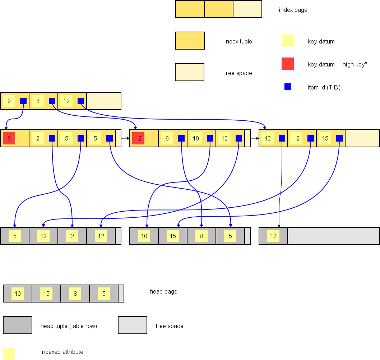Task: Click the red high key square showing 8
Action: pos(9,138)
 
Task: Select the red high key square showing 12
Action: pos(138,138)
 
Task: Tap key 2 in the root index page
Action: pos(9,101)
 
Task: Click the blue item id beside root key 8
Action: pos(52,101)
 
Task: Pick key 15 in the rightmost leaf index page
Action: pos(325,138)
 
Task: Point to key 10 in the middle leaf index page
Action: pos(196,138)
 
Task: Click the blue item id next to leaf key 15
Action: pos(339,138)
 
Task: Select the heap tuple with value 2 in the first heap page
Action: pos(72,236)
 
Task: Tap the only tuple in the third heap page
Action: pos(273,236)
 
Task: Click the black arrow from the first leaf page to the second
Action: pos(125,138)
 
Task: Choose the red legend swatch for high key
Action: pos(288,64)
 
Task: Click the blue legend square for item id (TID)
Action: pos(288,87)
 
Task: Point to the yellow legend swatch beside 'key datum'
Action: pos(288,41)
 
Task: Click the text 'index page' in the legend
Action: pos(293,10)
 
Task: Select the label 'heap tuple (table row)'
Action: pos(69,326)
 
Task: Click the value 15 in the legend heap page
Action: pos(46,294)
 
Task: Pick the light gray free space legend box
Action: pos(133,325)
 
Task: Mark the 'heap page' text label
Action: pos(163,292)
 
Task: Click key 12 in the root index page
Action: pos(66,101)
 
